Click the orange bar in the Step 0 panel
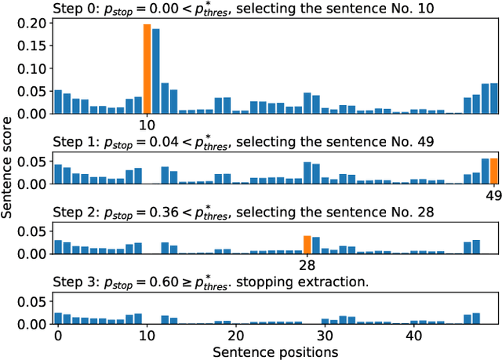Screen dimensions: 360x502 pos(147,69)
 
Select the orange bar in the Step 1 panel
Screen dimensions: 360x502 pos(493,171)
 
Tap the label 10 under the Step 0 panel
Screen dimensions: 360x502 pos(147,125)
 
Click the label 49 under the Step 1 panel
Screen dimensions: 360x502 pos(493,195)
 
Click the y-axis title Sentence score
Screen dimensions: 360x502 pos(9,176)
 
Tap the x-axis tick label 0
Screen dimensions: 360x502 pos(57,336)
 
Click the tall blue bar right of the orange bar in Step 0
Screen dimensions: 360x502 pos(156,71)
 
